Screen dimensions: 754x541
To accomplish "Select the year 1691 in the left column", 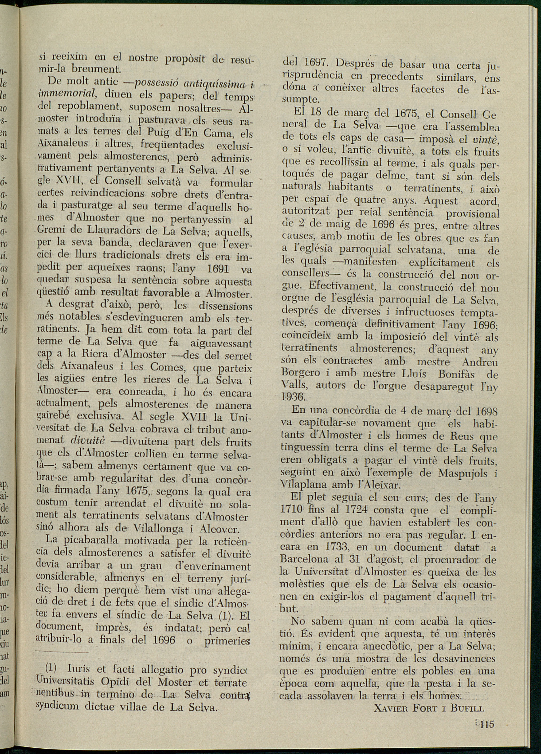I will [218, 268].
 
